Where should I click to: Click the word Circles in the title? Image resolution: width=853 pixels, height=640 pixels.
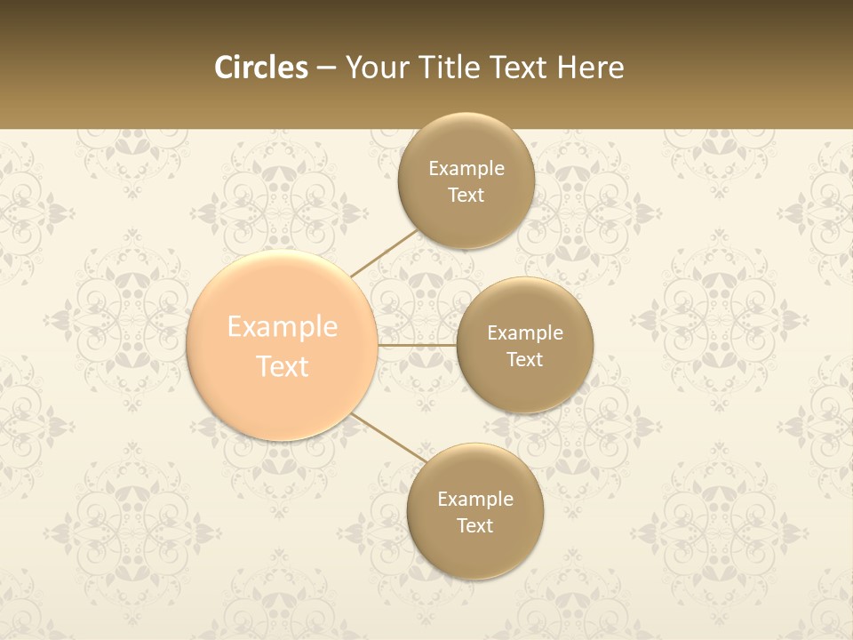(x=261, y=68)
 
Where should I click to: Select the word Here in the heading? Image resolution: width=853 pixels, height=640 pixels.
(x=590, y=68)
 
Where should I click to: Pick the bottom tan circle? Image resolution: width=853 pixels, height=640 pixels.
(x=474, y=551)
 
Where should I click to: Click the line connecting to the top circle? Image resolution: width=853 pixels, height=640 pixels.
(x=384, y=252)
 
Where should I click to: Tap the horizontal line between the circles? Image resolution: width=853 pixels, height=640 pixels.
(x=417, y=344)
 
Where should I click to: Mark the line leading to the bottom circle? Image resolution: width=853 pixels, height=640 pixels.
(x=389, y=440)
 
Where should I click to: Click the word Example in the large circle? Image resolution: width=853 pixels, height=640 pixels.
(x=283, y=327)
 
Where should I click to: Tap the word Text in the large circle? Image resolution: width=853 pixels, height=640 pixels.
(x=283, y=366)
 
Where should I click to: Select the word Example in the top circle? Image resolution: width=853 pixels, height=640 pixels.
(x=466, y=169)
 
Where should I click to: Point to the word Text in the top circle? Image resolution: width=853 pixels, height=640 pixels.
(x=466, y=196)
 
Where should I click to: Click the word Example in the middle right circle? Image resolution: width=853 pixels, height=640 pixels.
(x=524, y=333)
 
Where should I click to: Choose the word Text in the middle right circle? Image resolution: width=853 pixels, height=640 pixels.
(x=524, y=360)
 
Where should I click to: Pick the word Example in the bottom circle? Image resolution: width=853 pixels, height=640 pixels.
(x=474, y=500)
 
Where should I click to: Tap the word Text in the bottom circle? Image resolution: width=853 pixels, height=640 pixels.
(x=474, y=526)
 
